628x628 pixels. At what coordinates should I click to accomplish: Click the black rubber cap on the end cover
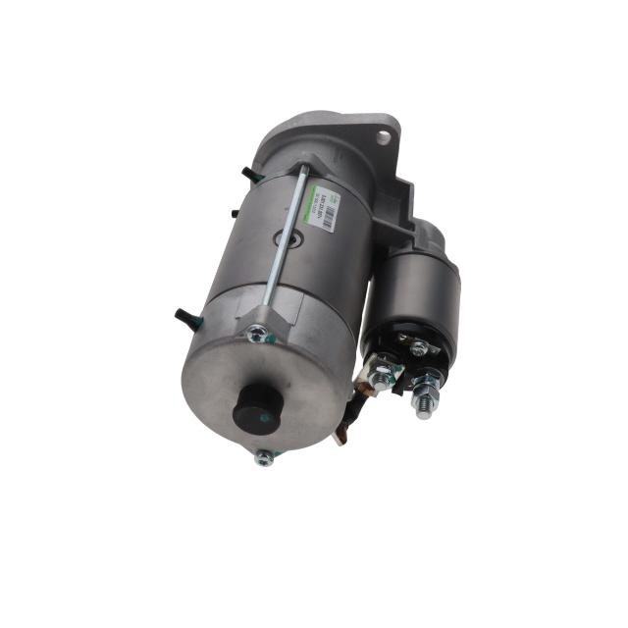(x=257, y=403)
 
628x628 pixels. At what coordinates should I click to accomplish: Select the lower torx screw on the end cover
(x=263, y=456)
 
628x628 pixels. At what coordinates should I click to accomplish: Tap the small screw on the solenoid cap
(x=419, y=348)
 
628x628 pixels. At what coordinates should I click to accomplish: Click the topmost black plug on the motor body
(x=246, y=173)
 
